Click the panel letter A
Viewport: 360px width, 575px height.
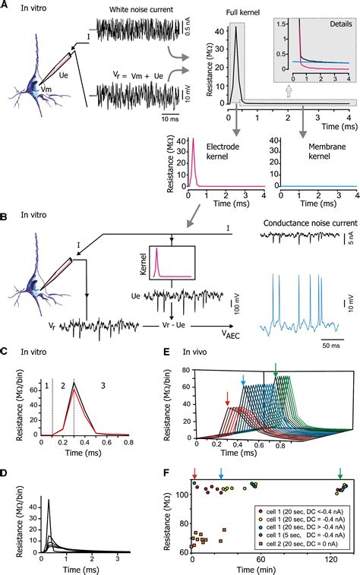pyautogui.click(x=5, y=6)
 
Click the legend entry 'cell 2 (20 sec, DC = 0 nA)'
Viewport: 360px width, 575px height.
pyautogui.click(x=295, y=545)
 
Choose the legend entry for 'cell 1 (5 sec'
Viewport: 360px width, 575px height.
pyautogui.click(x=295, y=536)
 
